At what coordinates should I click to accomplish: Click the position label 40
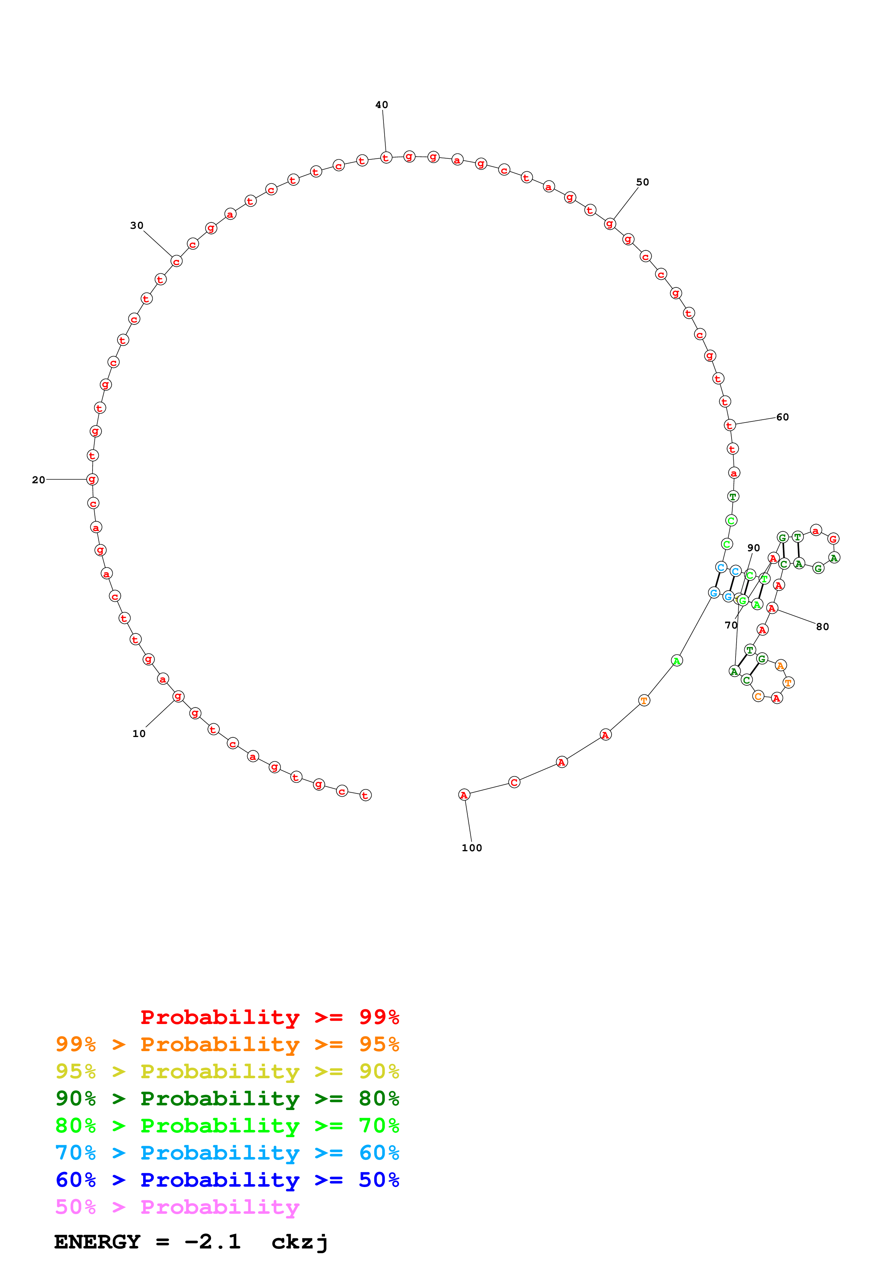click(381, 105)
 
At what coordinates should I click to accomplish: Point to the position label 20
click(38, 480)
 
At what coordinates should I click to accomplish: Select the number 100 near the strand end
click(471, 848)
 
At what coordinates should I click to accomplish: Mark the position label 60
click(782, 417)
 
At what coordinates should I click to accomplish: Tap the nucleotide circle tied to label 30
click(176, 261)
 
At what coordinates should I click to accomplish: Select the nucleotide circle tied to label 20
click(92, 479)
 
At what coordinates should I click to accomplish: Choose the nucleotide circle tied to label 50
click(609, 224)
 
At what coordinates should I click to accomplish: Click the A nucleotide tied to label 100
click(464, 795)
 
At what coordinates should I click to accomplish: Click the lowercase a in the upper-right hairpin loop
click(815, 531)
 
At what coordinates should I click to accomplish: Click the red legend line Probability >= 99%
click(269, 1017)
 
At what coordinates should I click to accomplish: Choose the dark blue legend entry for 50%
click(227, 1180)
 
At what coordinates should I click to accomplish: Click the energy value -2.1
click(213, 1242)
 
